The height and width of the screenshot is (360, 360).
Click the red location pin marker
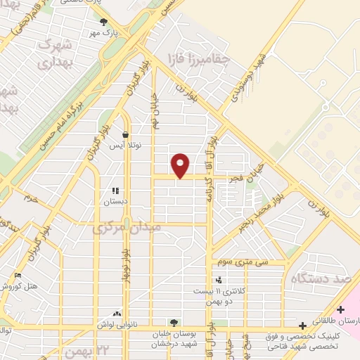point(181,165)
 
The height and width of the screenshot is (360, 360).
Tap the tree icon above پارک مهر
point(104,22)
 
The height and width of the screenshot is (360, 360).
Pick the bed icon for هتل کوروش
point(18,275)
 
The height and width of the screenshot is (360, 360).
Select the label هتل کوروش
point(21,287)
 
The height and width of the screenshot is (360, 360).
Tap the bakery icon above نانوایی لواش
point(117,314)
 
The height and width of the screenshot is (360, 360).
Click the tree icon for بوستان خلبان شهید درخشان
point(174,322)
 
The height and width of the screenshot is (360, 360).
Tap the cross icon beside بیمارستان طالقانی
point(341,309)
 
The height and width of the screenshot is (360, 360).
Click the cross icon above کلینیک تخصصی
point(302,326)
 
